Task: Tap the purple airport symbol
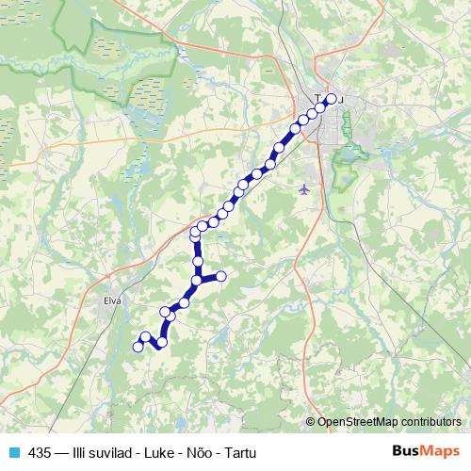pyautogui.click(x=303, y=188)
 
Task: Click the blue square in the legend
pyautogui.click(x=12, y=452)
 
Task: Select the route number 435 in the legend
pyautogui.click(x=40, y=452)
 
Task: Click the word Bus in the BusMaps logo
pyautogui.click(x=403, y=451)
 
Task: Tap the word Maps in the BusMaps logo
pyautogui.click(x=438, y=451)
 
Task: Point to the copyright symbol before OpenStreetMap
pyautogui.click(x=311, y=421)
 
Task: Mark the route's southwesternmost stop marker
pyautogui.click(x=138, y=347)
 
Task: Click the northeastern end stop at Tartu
pyautogui.click(x=331, y=98)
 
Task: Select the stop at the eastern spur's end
pyautogui.click(x=221, y=275)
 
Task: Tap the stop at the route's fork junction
pyautogui.click(x=198, y=280)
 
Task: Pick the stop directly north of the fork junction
pyautogui.click(x=198, y=261)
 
